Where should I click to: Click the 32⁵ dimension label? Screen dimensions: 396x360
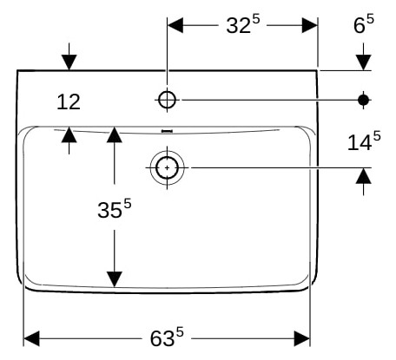243,24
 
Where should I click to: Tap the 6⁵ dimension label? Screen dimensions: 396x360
364,23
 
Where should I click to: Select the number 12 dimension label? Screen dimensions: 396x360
69,101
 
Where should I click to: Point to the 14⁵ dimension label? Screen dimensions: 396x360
364,141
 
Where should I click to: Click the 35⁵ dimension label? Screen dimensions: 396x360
115,208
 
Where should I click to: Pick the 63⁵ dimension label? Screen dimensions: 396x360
167,337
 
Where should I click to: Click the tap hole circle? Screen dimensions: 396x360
167,100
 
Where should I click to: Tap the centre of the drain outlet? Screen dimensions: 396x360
167,167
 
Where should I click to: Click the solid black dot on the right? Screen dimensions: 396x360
364,100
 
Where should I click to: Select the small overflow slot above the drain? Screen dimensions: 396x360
167,131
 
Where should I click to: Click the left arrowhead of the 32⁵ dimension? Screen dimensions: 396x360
175,25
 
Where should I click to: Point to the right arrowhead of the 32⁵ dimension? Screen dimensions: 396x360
310,25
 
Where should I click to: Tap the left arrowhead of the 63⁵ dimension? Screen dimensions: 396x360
31,338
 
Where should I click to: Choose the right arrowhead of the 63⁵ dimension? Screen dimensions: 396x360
302,338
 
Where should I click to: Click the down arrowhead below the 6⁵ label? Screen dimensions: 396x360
364,62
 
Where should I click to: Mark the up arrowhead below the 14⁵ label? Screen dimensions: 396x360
364,176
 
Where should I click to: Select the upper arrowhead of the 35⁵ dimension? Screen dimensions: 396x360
115,134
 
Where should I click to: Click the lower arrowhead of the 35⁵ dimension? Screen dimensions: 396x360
115,279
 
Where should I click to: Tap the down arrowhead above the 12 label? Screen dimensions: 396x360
69,62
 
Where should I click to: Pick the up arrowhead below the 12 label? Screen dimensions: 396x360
69,135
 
